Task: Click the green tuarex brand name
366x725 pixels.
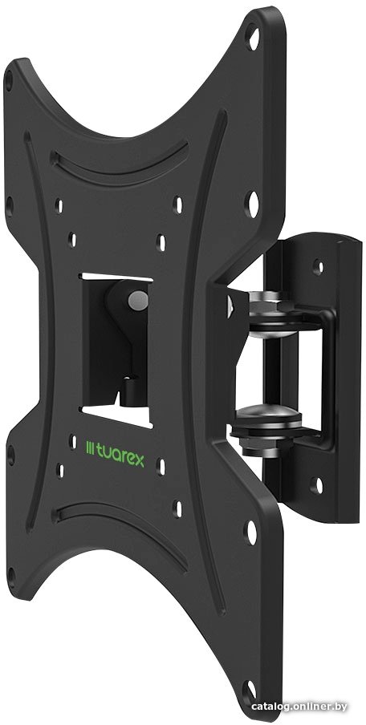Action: tap(120, 458)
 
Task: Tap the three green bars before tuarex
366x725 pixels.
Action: tap(90, 448)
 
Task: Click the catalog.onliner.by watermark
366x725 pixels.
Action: tap(299, 707)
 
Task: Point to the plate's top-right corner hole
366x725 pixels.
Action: tap(253, 38)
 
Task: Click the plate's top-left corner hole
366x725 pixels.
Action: tap(8, 81)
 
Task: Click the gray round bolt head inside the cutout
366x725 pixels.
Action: tap(138, 300)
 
